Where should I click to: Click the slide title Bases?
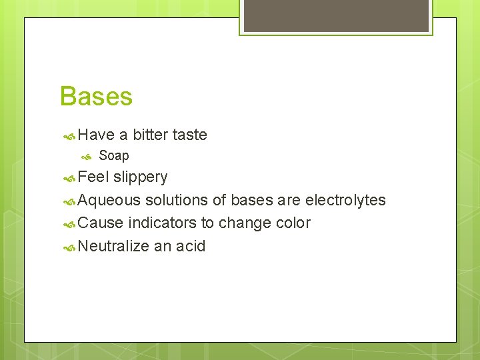tap(96, 97)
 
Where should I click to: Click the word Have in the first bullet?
tap(96, 135)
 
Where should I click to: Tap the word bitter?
tap(150, 135)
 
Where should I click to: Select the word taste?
tap(189, 135)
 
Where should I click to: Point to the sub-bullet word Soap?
tap(113, 156)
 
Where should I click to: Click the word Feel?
tap(93, 177)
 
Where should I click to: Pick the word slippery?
tap(140, 178)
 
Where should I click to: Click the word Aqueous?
tap(109, 201)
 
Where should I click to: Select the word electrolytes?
tap(345, 201)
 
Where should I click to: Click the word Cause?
tap(101, 223)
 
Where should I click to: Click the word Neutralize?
tap(113, 247)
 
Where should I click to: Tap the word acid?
tap(191, 247)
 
